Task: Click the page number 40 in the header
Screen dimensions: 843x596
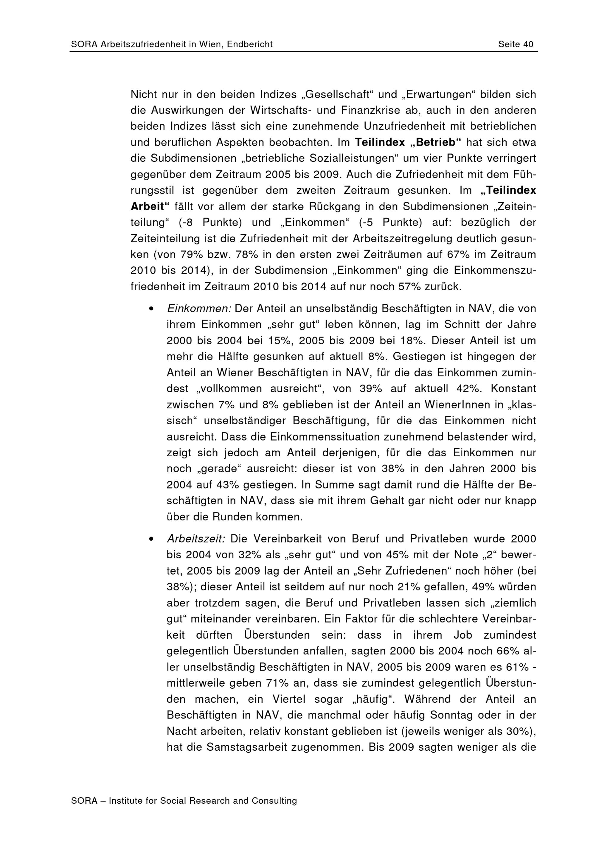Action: click(x=528, y=44)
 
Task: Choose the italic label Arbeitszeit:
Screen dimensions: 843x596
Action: click(x=196, y=539)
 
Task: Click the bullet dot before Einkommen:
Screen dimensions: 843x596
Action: click(x=150, y=309)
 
